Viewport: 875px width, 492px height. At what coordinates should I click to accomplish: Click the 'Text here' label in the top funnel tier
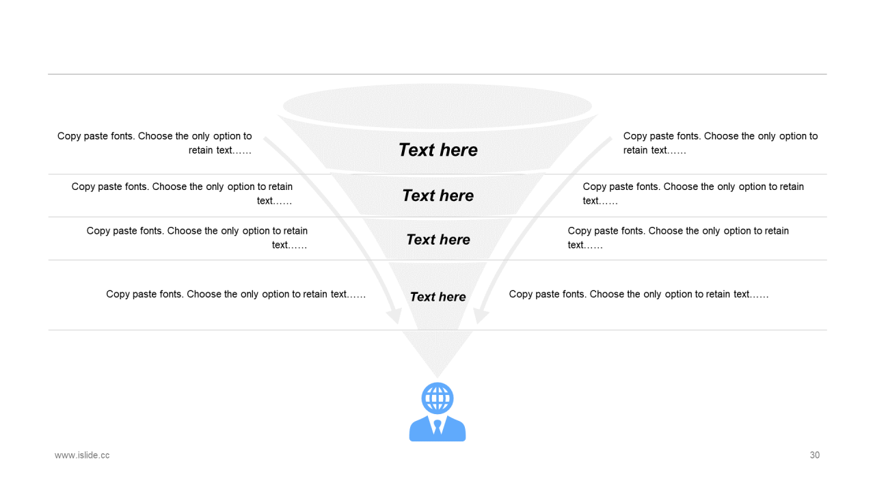pos(437,150)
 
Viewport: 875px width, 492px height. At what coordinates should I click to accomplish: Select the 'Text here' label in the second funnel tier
pos(437,195)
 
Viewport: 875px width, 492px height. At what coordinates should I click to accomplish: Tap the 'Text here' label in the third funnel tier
pos(437,239)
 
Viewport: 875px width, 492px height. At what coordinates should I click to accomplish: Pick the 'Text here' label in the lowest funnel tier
pos(437,297)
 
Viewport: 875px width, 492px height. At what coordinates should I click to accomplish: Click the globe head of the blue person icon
pos(437,397)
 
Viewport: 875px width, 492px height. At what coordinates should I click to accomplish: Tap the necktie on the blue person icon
pos(437,427)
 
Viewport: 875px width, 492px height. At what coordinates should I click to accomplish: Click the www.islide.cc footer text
pos(82,455)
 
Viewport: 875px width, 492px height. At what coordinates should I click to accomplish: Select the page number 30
pos(814,455)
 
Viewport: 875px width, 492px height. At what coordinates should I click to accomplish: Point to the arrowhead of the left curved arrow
pos(394,316)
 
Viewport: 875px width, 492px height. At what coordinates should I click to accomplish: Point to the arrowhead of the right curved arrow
pos(481,316)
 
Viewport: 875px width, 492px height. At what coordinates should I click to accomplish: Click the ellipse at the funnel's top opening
pos(437,106)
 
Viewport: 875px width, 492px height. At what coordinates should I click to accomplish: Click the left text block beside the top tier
pos(154,143)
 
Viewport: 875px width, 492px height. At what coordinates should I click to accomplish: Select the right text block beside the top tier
pos(721,143)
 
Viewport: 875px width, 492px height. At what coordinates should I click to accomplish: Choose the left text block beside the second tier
pos(182,193)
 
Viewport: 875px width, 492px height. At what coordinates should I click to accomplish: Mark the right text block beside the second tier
pos(693,193)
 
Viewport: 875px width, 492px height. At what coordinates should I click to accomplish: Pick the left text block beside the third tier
pos(197,238)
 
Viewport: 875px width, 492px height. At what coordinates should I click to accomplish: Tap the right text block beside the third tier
pos(678,238)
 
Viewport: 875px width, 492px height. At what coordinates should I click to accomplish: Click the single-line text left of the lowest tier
pos(236,295)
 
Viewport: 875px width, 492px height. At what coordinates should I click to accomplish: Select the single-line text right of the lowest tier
pos(638,295)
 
